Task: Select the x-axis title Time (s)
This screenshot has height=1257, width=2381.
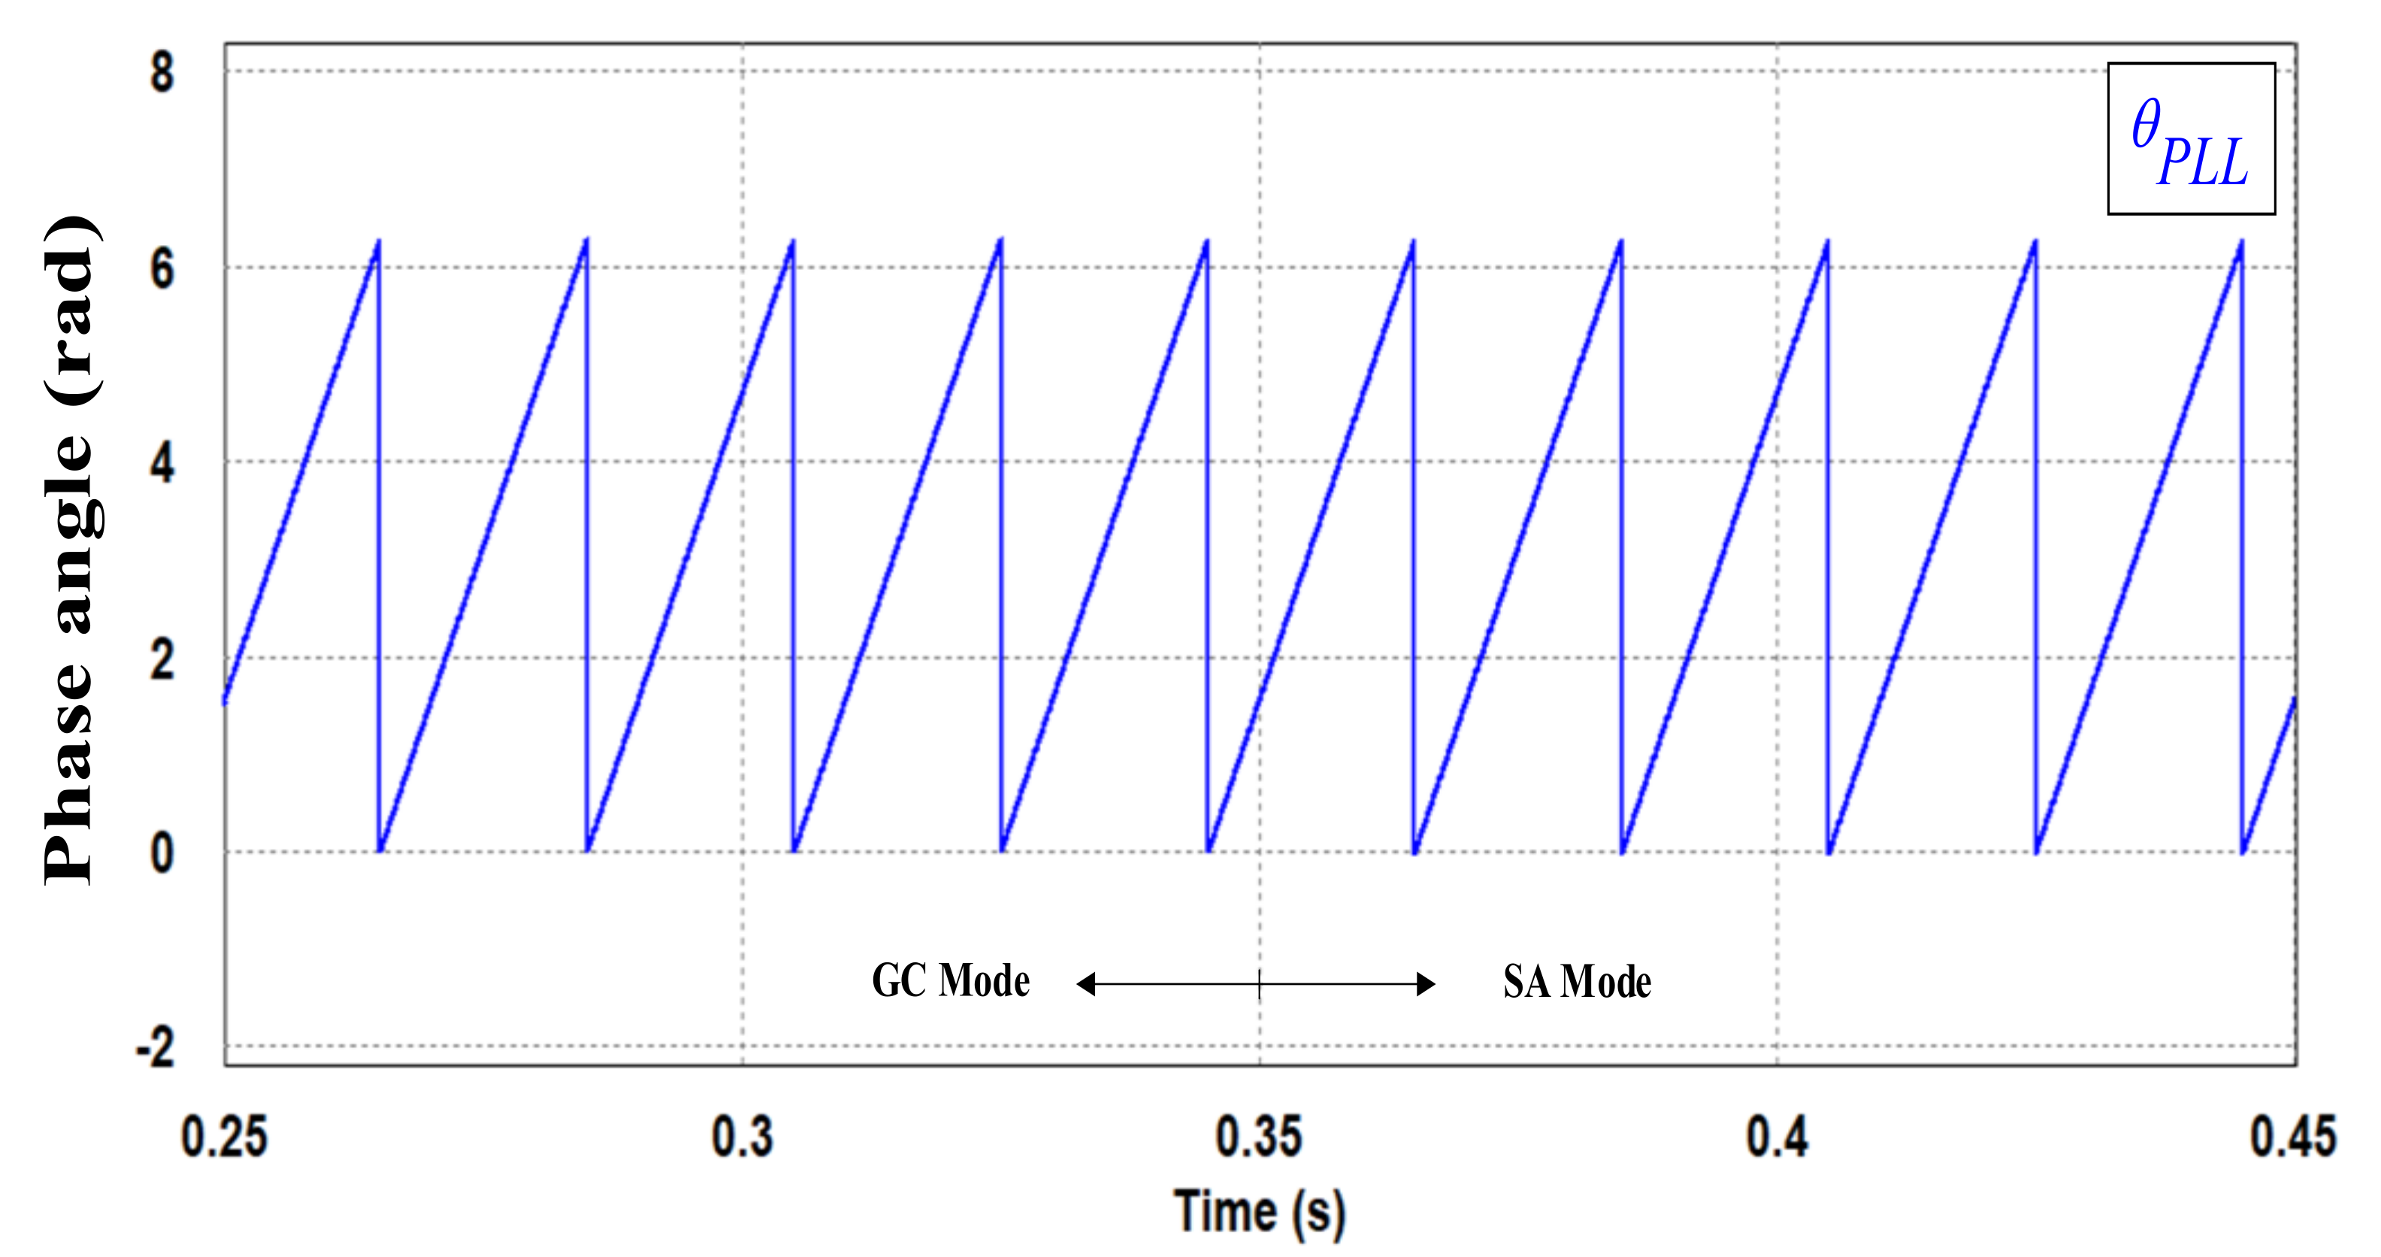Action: (1259, 1212)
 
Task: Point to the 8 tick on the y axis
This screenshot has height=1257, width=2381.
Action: (162, 72)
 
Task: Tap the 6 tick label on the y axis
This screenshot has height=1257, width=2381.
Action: (162, 269)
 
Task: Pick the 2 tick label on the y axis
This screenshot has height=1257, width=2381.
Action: (162, 660)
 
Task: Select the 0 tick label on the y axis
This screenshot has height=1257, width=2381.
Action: (162, 854)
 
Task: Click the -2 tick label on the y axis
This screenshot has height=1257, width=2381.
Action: (156, 1049)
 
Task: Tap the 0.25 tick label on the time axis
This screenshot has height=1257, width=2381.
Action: (225, 1136)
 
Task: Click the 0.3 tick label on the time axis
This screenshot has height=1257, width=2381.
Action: (743, 1136)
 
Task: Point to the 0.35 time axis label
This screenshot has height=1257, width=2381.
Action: (1259, 1136)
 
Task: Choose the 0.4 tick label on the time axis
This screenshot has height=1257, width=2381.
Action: (1777, 1136)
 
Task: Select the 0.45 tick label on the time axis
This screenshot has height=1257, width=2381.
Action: (2293, 1136)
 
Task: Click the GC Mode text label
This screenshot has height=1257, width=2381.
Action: (950, 980)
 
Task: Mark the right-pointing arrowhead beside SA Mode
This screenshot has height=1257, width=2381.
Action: (1426, 983)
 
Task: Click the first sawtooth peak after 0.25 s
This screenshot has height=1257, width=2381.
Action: (378, 242)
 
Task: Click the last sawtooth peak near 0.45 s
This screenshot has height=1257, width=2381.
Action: (2241, 242)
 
